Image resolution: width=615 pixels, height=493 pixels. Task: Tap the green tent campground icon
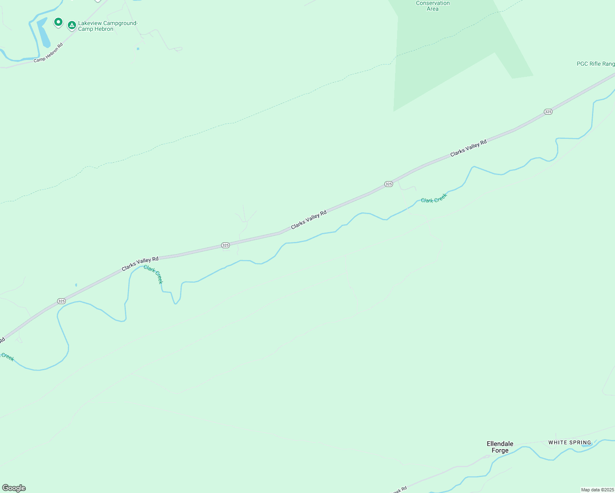pos(72,25)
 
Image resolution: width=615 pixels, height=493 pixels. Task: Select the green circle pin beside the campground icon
pos(58,22)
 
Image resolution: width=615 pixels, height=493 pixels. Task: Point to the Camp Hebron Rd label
pos(48,53)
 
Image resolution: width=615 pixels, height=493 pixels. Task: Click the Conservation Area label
pos(432,6)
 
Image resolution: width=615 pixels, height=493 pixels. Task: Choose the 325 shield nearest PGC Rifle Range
pos(548,112)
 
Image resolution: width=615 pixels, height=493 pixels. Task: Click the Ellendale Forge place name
pos(500,447)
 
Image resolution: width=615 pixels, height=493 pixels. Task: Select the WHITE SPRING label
pos(569,442)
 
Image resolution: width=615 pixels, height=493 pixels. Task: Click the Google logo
pos(14,488)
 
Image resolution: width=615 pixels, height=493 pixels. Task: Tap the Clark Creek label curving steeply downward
pos(153,274)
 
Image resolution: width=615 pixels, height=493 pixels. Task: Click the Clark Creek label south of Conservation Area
pos(434,198)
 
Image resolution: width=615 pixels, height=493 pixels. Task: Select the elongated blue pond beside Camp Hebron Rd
pos(43,33)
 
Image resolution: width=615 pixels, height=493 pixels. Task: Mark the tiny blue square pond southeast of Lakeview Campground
pos(138,49)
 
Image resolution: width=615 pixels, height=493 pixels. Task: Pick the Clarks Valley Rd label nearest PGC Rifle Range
pos(468,148)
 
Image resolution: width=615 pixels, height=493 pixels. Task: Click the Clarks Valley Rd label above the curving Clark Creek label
pos(140,264)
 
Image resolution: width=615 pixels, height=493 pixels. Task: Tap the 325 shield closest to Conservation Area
pos(388,184)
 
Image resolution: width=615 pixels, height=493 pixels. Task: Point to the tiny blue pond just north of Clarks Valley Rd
pos(76,285)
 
